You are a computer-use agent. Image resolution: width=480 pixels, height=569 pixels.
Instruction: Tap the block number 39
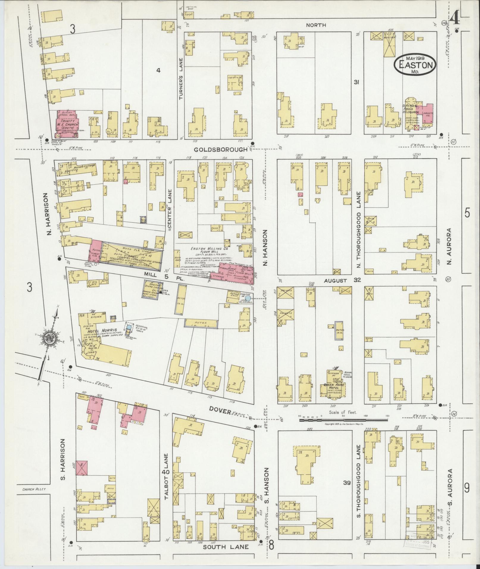point(347,483)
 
